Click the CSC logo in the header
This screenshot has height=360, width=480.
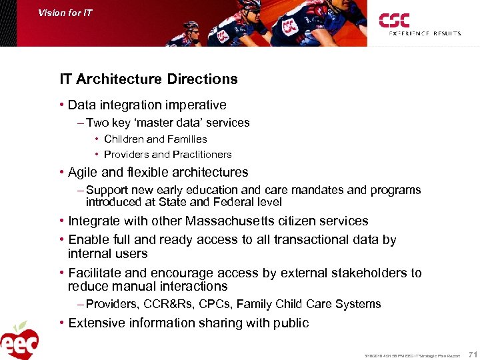pos(394,21)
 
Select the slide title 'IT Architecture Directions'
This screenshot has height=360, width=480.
pos(148,79)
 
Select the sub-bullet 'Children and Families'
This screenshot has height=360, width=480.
pos(155,139)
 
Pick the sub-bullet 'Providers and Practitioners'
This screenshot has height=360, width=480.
pos(168,155)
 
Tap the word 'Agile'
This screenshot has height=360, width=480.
pos(83,172)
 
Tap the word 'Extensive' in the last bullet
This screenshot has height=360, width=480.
pos(96,323)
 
